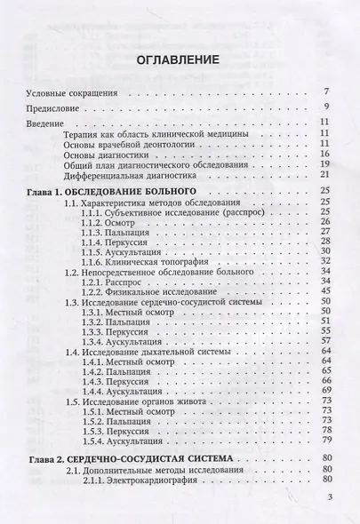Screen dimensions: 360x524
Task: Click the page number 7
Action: pyautogui.click(x=327, y=91)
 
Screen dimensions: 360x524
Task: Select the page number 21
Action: pyautogui.click(x=325, y=175)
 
